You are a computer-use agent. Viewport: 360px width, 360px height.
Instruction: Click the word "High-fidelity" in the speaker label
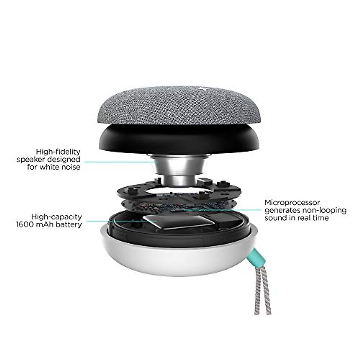coord(58,151)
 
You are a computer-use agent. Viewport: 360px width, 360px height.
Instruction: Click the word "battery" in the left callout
coord(70,224)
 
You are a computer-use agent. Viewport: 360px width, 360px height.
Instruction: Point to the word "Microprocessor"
coord(292,203)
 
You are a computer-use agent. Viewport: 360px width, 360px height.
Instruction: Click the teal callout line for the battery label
coord(120,222)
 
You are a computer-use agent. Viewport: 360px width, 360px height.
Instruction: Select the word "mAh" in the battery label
coord(46,224)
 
